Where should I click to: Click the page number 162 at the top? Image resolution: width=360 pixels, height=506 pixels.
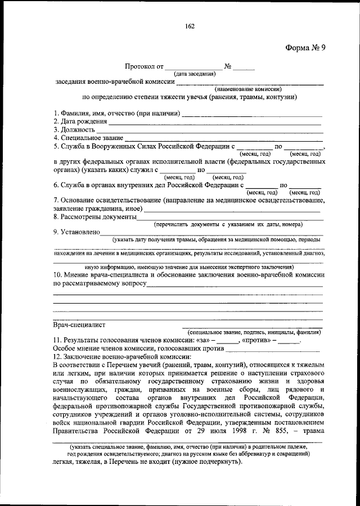click(x=188, y=25)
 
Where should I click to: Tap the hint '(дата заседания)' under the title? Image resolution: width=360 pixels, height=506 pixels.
click(x=195, y=74)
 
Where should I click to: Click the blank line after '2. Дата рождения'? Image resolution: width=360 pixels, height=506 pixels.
click(x=215, y=123)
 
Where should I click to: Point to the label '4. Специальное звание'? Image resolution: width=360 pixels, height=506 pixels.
click(x=88, y=137)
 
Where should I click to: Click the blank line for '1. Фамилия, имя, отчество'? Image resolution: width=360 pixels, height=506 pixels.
click(x=253, y=115)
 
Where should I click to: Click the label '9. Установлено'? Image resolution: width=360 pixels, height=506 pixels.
click(x=76, y=231)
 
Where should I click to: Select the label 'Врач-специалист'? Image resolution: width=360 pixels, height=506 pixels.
click(x=79, y=325)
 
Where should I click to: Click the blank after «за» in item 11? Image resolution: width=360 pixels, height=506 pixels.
click(x=227, y=341)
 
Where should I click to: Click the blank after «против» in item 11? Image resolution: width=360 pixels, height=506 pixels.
click(x=289, y=341)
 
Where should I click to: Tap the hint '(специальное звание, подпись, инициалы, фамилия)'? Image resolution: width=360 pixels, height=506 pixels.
click(x=251, y=333)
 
